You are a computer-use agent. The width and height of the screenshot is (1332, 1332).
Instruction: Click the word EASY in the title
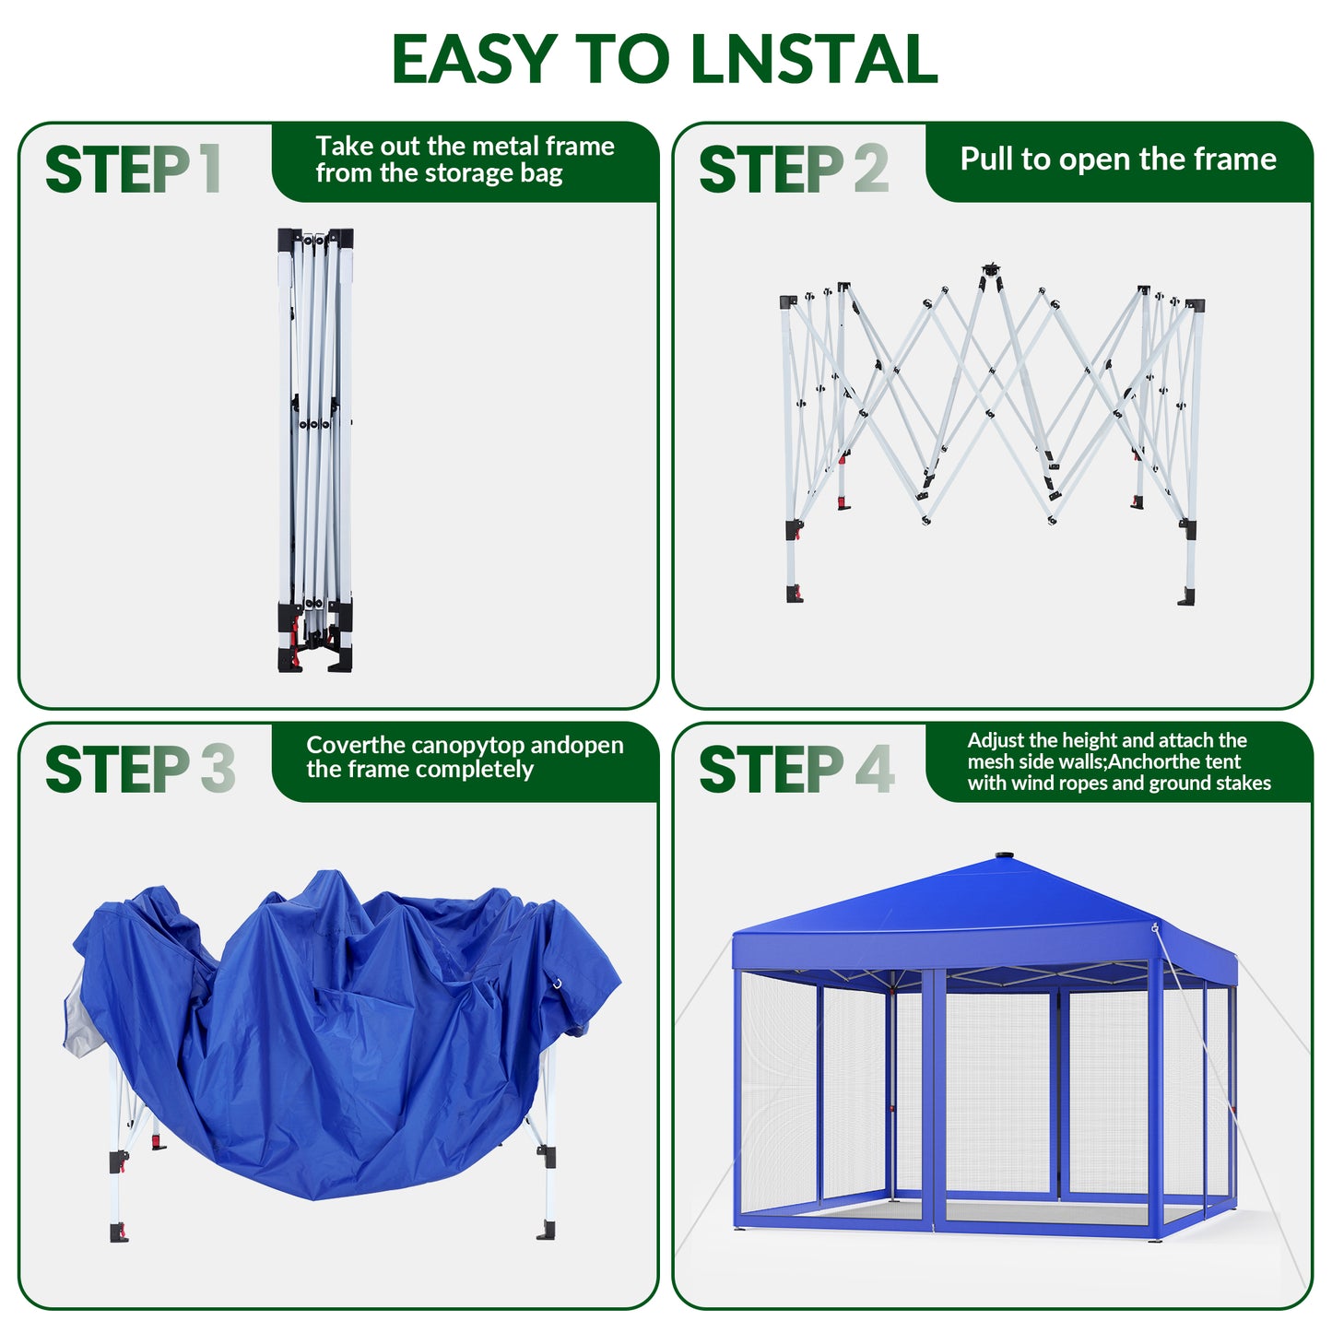(x=474, y=59)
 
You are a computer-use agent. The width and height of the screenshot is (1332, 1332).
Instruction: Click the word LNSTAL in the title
(x=814, y=59)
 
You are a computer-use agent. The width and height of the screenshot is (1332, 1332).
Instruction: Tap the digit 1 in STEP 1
(x=212, y=169)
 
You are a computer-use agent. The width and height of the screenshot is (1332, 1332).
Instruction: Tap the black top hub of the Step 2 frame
(x=991, y=269)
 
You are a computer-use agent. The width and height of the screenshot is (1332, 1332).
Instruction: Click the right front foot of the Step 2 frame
(x=1187, y=595)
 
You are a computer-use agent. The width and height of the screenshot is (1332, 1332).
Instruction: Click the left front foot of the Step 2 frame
(x=795, y=594)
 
